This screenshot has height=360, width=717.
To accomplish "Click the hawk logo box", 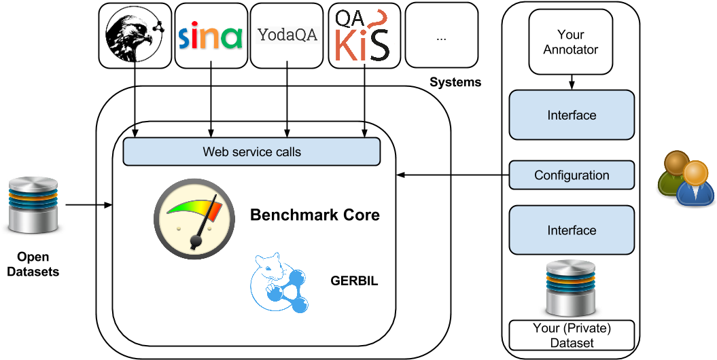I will (x=135, y=36).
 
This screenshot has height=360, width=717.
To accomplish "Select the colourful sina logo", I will (x=211, y=36).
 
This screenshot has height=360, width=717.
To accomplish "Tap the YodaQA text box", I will (x=287, y=35).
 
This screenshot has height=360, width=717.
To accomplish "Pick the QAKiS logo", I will (x=363, y=36).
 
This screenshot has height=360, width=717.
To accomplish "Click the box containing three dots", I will (x=441, y=36).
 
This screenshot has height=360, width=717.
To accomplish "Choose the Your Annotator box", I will (x=571, y=42).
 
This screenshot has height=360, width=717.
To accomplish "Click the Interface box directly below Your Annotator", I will (x=572, y=115).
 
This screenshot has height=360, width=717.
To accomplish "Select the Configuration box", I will (x=572, y=175).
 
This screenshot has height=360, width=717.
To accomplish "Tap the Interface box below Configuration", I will (x=572, y=231).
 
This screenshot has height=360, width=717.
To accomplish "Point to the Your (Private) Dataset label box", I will (x=572, y=336).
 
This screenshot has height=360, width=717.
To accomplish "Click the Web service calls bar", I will (x=251, y=151).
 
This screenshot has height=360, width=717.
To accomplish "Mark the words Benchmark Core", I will (x=315, y=215).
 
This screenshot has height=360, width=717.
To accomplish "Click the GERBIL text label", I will (x=354, y=280).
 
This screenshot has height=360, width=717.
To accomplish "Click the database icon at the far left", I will (x=33, y=204).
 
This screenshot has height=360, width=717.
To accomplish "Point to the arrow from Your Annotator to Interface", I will (x=572, y=82).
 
